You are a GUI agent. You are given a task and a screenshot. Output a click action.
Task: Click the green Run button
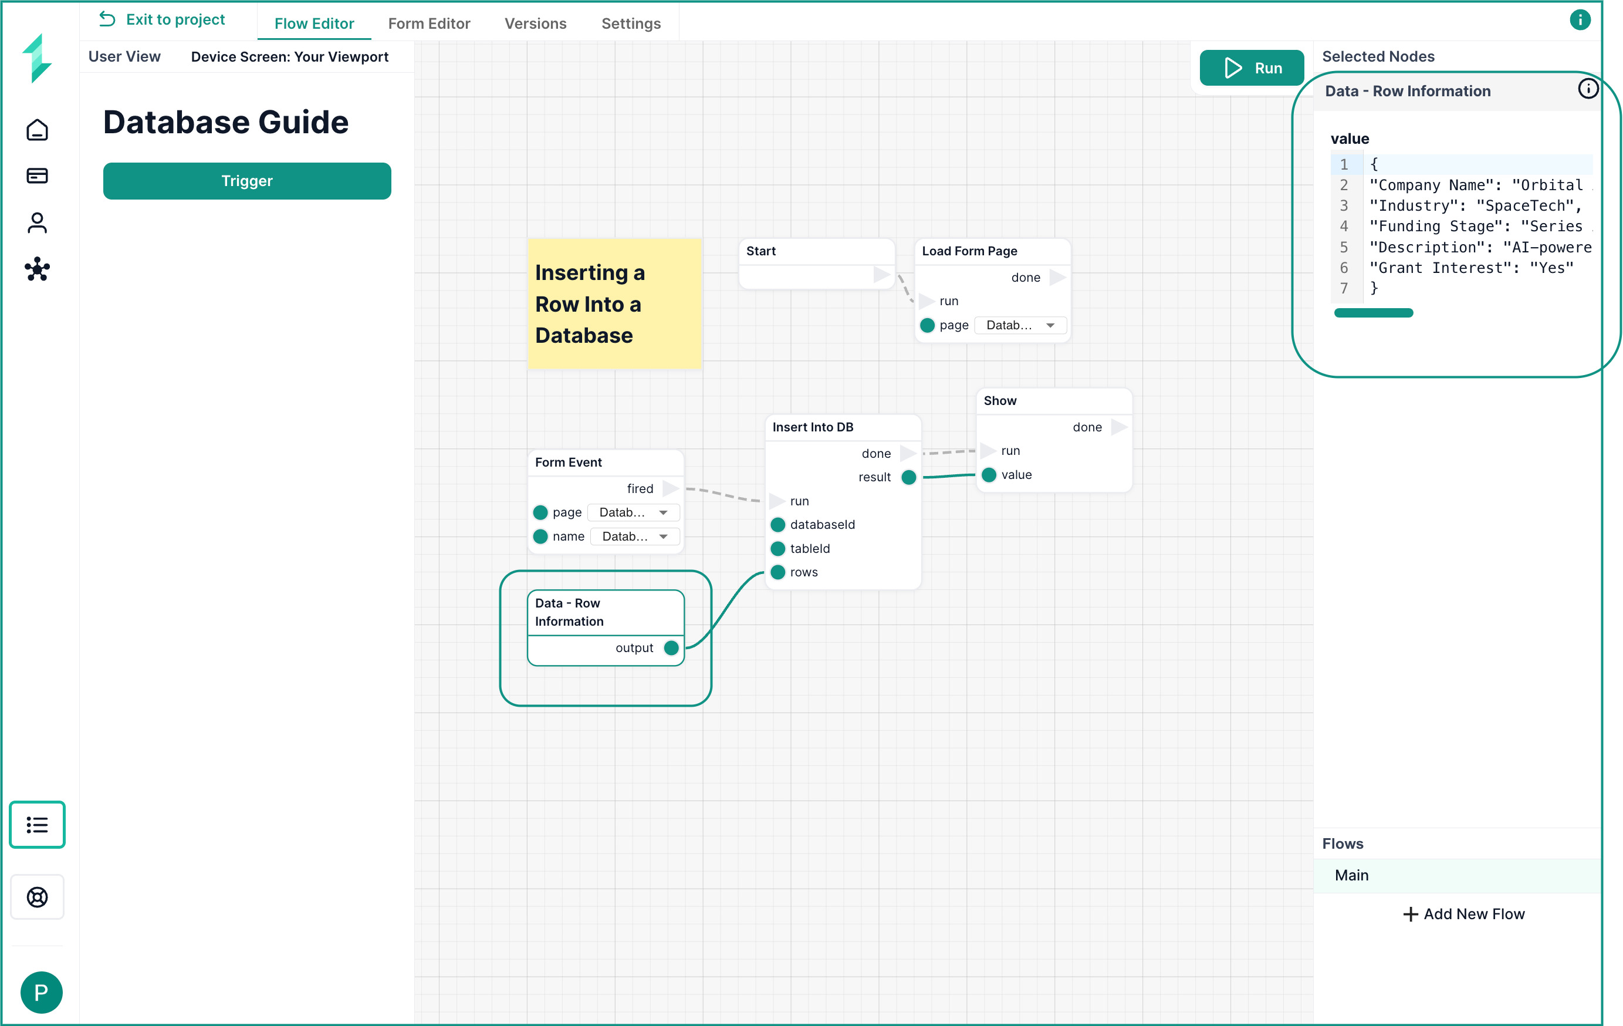(1251, 68)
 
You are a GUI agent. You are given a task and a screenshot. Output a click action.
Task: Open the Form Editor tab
(429, 23)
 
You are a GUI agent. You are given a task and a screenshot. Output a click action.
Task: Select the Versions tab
(535, 23)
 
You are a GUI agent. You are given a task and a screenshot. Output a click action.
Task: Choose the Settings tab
(631, 23)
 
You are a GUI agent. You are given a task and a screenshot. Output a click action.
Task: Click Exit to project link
(162, 19)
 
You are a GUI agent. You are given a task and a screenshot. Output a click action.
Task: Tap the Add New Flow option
(1463, 913)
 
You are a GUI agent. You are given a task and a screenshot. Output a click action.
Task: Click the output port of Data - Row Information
(671, 648)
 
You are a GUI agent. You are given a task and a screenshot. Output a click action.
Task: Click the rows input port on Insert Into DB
(778, 572)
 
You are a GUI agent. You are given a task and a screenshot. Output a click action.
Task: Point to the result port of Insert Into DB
(908, 477)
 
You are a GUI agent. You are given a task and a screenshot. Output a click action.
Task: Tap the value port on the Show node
(989, 475)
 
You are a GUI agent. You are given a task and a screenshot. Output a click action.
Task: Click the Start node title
(761, 251)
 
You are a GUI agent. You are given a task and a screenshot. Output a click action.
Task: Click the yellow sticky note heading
(590, 304)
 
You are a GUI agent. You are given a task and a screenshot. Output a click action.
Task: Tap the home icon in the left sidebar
(37, 130)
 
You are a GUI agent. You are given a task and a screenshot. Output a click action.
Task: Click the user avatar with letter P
(41, 993)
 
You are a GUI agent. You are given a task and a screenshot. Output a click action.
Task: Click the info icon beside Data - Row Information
(1588, 89)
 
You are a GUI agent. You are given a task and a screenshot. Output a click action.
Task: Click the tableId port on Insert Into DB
(778, 549)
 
